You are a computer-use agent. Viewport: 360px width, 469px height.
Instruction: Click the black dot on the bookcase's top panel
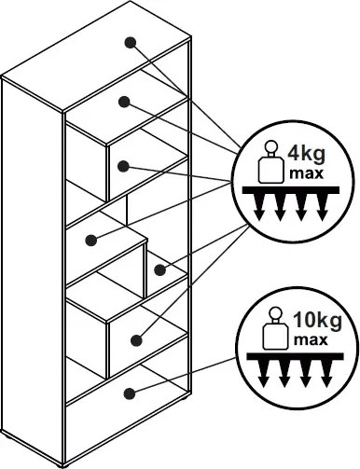tap(130, 43)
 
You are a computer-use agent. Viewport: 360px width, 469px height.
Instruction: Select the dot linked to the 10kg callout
tap(130, 394)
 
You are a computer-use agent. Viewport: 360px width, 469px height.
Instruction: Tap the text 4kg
tap(306, 155)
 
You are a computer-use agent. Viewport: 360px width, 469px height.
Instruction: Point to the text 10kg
tap(317, 321)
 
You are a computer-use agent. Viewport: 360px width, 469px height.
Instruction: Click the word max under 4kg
tap(306, 173)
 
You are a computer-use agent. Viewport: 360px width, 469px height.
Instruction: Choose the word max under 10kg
tap(311, 340)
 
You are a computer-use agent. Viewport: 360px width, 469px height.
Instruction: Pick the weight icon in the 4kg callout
tap(270, 162)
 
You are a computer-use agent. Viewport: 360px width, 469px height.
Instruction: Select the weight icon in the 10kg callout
tap(275, 328)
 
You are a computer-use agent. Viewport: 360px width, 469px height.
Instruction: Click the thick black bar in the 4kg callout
tap(291, 190)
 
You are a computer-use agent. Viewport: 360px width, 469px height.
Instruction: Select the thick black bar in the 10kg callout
tap(295, 356)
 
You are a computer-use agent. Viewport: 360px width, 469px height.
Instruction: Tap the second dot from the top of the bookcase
tap(124, 102)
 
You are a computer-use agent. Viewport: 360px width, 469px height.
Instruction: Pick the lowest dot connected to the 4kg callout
tap(136, 340)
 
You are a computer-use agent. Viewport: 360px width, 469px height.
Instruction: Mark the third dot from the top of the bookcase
tap(123, 166)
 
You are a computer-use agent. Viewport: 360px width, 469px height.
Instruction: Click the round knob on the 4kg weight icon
tap(270, 147)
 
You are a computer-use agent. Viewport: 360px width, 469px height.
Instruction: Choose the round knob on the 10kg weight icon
tap(275, 313)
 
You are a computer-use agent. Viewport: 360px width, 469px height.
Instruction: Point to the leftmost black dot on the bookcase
tap(90, 241)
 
